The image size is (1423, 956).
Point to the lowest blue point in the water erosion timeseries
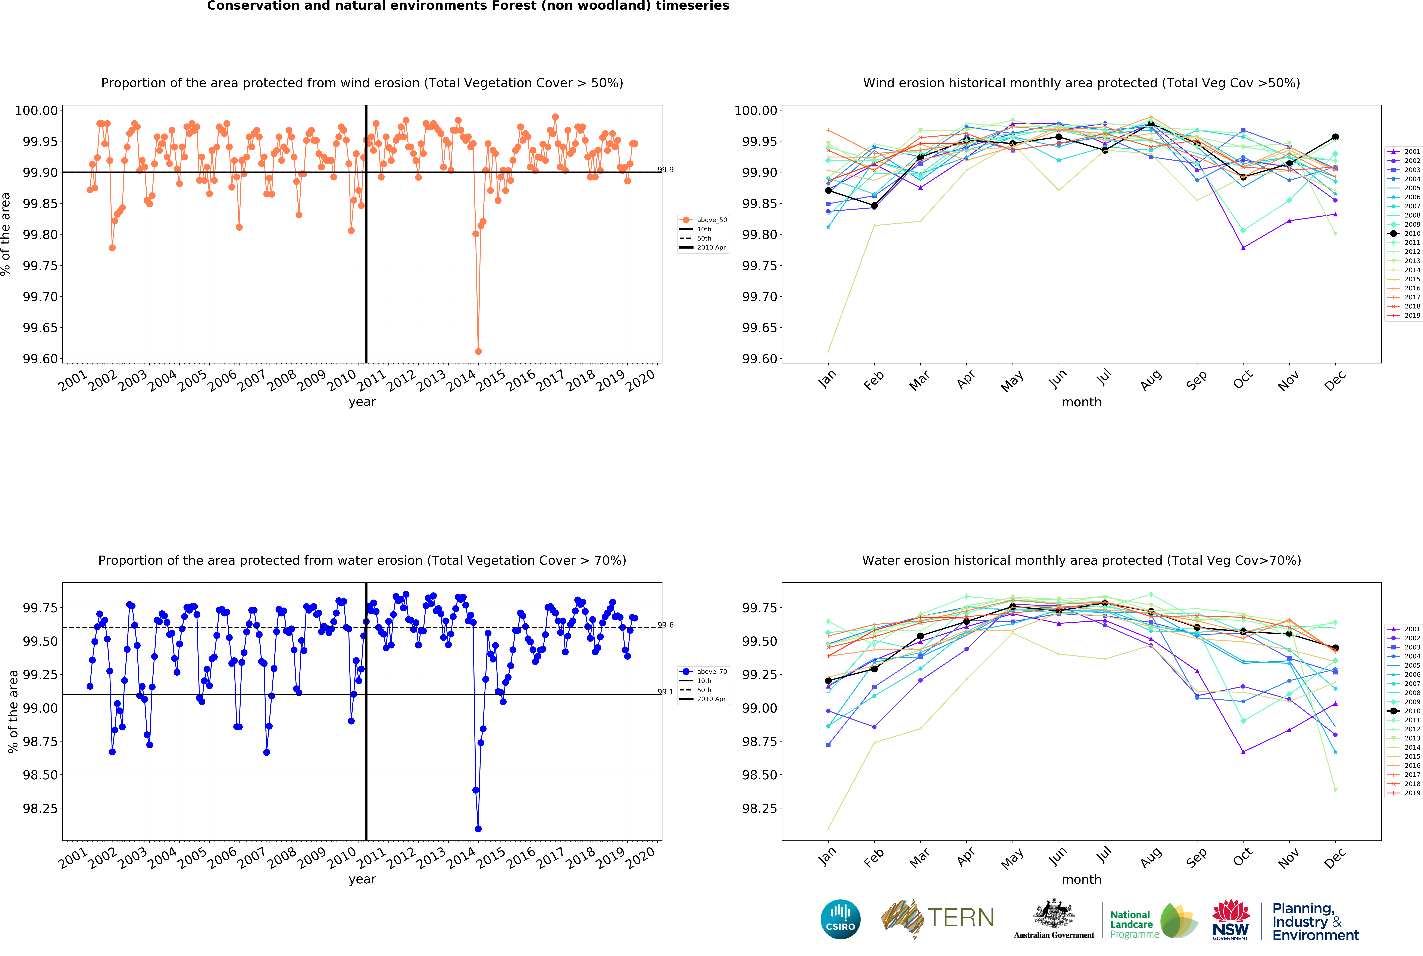(x=478, y=829)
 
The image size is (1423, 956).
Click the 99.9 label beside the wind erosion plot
(x=666, y=169)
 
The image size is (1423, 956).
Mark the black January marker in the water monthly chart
(x=828, y=680)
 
